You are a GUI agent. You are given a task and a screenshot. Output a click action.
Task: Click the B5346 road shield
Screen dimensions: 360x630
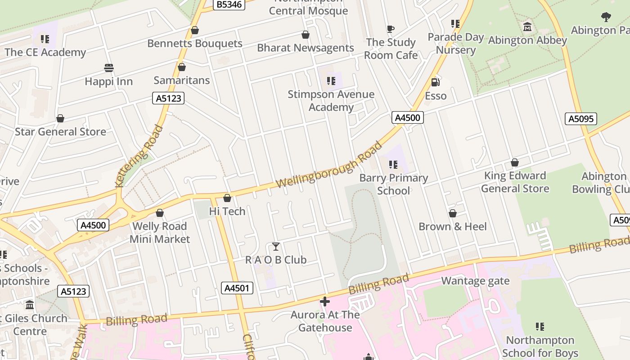(x=229, y=4)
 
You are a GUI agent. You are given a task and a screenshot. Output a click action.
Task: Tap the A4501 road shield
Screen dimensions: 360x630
(x=237, y=288)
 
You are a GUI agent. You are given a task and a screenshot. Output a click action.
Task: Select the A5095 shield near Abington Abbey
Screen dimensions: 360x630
(x=580, y=119)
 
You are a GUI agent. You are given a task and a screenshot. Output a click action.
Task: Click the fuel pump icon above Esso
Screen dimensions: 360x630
(x=435, y=82)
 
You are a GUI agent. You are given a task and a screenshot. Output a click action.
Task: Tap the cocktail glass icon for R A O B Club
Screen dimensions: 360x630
(x=276, y=247)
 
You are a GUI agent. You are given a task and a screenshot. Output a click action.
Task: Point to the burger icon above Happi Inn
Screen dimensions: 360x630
(x=108, y=68)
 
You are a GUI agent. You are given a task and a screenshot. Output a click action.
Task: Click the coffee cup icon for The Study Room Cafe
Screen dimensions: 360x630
(x=391, y=29)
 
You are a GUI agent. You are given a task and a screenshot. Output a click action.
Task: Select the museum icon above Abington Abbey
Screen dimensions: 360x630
(x=527, y=27)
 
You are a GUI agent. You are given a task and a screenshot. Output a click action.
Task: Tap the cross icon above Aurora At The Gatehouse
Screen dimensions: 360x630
(x=325, y=301)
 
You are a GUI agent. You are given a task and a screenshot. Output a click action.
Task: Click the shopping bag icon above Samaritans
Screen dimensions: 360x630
(x=182, y=67)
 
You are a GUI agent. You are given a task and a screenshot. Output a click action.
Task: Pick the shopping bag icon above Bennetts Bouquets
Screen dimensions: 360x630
(x=195, y=31)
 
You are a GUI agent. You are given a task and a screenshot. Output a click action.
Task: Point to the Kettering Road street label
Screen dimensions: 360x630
(x=139, y=156)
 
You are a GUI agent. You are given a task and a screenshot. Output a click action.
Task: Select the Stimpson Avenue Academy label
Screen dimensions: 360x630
(x=331, y=101)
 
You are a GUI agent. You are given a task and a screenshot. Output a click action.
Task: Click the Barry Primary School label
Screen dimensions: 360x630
(x=393, y=184)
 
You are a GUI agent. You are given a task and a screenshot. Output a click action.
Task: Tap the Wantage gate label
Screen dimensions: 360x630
(x=475, y=281)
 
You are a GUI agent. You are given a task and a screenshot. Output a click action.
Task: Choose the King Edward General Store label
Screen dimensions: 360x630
(x=515, y=182)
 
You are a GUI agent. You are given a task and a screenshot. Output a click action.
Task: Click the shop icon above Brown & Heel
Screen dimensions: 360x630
(x=453, y=213)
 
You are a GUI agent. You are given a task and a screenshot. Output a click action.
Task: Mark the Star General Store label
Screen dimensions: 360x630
(x=60, y=132)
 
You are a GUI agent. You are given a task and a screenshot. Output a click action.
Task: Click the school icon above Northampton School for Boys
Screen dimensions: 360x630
(x=540, y=327)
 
